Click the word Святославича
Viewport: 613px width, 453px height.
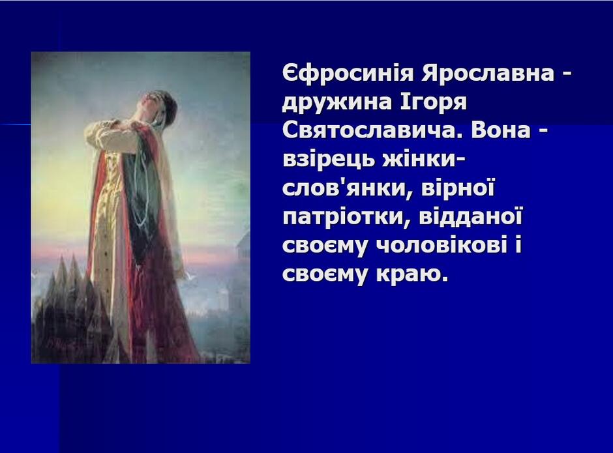click(372, 130)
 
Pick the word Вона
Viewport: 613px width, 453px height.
click(501, 130)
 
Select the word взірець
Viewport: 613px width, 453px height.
click(329, 159)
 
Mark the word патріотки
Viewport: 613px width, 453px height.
click(347, 216)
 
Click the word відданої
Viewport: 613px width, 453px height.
click(471, 216)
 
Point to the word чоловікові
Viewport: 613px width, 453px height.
click(442, 246)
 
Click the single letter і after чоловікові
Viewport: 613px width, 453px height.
click(518, 244)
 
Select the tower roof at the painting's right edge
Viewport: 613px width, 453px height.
click(243, 239)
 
